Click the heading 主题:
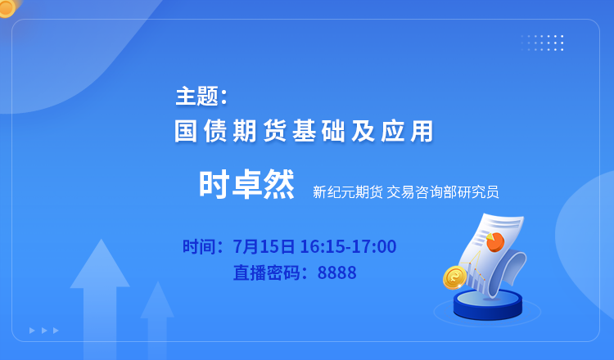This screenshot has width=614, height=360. pos(201,96)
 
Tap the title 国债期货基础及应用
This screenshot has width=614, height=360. pos(304,131)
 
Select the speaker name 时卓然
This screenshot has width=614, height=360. pos(246,185)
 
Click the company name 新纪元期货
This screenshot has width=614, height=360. pos(347,192)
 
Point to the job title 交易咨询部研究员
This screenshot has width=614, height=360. pos(442,192)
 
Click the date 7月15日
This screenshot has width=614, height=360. pos(264,246)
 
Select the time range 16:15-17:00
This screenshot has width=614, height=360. pos(348,246)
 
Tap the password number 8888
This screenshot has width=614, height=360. pos(336,272)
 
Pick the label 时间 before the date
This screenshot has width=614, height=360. pos(199,246)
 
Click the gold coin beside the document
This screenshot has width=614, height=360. pos(455,277)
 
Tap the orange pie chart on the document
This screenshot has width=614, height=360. pos(495,241)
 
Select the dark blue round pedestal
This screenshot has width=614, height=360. pos(488,305)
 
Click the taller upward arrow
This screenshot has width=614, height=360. pos(100,297)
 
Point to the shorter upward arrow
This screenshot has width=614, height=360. pos(157,319)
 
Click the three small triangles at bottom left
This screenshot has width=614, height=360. pos(44,331)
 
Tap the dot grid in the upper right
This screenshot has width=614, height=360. pos(543,43)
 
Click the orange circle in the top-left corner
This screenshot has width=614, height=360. pos(7,7)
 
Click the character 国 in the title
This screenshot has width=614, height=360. pos(186,131)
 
